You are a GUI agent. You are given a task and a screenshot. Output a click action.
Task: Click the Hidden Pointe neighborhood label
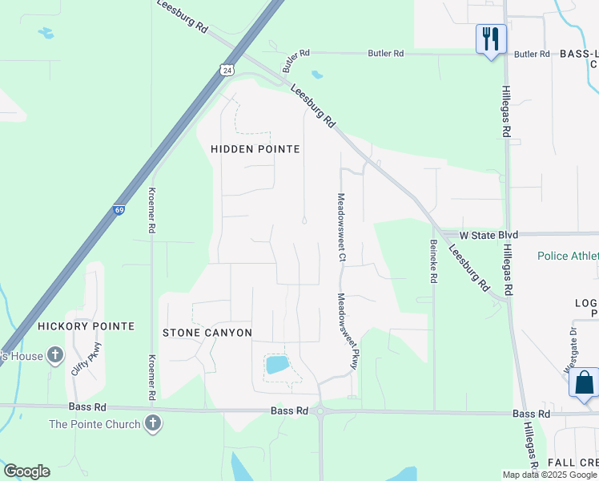coord(255,149)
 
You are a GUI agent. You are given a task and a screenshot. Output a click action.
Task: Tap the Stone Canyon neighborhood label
coord(207,332)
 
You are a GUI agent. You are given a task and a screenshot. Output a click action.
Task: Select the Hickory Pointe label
coord(86,326)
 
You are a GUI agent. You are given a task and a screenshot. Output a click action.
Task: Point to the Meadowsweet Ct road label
coord(341,228)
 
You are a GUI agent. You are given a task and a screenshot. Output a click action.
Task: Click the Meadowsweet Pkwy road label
coord(345,331)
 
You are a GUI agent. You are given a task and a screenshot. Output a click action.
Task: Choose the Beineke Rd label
coord(433,261)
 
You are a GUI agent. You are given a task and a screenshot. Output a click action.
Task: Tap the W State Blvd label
coord(488,235)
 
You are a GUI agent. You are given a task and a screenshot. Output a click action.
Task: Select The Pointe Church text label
coord(94,424)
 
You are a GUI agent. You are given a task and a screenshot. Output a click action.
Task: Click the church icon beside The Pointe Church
coord(153,423)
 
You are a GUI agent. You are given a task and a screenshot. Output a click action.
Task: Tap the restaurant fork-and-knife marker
coord(491,38)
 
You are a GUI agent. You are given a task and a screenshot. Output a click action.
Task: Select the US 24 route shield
coord(228,71)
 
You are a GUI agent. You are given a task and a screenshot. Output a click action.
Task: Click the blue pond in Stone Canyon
coord(277,366)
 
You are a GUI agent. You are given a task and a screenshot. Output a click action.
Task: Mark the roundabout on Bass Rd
coord(320,411)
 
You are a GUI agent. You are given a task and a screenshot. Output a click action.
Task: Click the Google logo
coord(26,471)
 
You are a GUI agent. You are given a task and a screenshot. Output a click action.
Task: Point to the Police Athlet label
coord(567,256)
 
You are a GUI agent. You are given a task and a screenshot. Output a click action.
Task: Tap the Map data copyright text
coord(549,475)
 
